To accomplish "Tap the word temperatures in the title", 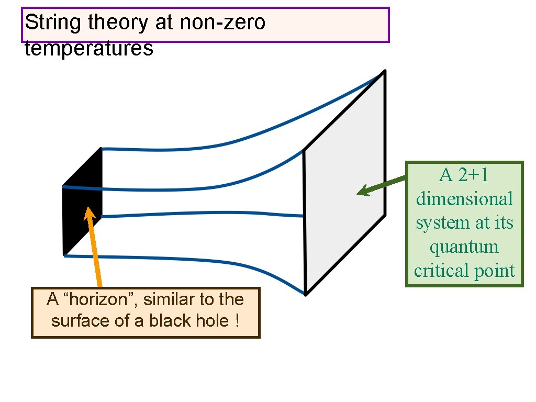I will point(88,49).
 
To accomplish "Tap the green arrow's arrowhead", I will point(363,191).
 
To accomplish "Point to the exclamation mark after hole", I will point(238,320).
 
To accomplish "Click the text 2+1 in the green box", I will point(473,175).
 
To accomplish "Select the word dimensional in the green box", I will point(464,199).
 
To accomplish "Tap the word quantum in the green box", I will point(464,247).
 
